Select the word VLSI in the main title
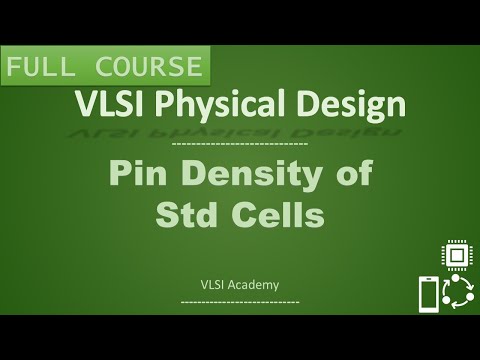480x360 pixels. [x=108, y=104]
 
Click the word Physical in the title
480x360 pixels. [x=215, y=105]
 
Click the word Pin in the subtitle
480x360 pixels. [x=135, y=173]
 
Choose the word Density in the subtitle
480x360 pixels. [x=247, y=174]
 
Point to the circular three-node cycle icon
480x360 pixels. [x=458, y=296]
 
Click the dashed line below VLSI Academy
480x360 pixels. [x=240, y=300]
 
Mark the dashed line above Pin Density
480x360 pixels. [x=240, y=145]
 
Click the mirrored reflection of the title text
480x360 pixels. [x=240, y=130]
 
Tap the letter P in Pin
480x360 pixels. [x=118, y=173]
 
